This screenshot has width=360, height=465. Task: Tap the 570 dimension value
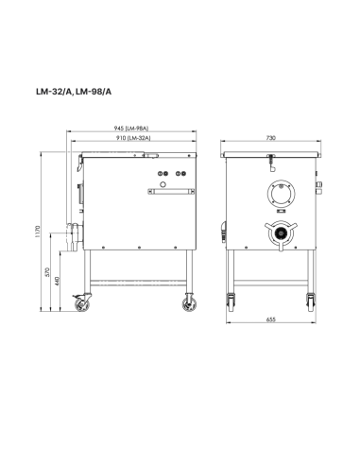49,271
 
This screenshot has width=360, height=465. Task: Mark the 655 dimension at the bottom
270,320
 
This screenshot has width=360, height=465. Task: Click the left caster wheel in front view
231,303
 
